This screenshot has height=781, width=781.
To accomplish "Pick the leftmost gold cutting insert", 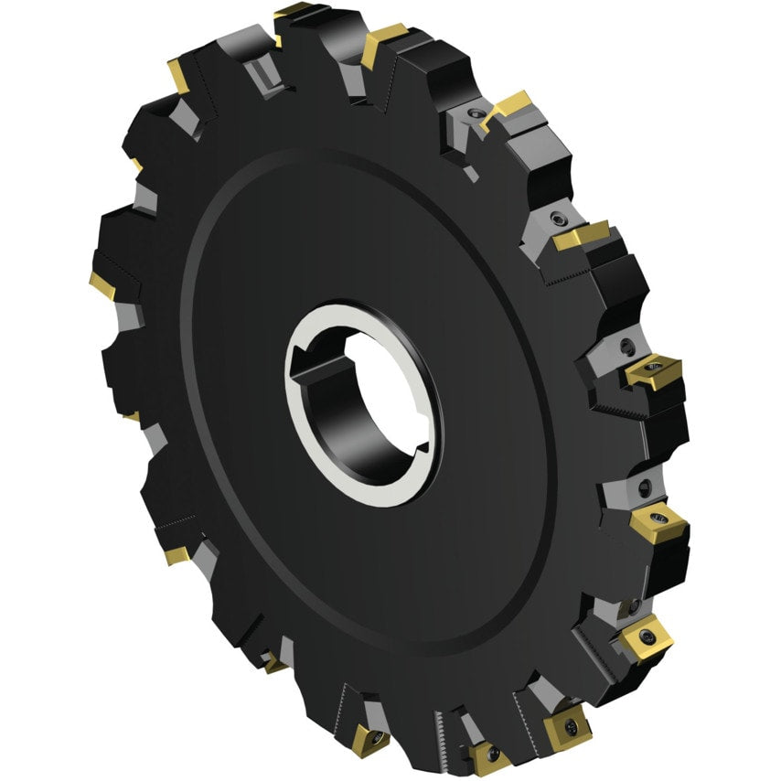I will tap(102, 284).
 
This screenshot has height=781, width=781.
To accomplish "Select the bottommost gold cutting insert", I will tap(488, 758).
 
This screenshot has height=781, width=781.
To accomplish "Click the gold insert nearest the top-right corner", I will tap(508, 107).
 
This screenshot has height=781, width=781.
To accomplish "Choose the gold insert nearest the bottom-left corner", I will tap(176, 554).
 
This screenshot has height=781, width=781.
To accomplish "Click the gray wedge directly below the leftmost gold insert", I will tap(128, 316).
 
